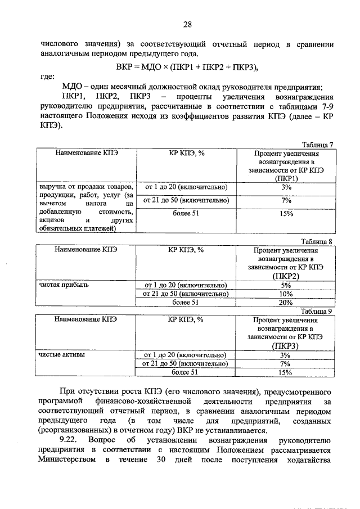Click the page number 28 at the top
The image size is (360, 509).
pos(187,24)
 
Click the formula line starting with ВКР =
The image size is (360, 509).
pos(187,67)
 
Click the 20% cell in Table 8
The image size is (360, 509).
pos(286,302)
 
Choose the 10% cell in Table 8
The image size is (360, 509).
pos(286,294)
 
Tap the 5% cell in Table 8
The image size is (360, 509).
pos(286,285)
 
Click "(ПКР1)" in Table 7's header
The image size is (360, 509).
pos(286,178)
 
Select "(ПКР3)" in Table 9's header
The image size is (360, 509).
pos(286,346)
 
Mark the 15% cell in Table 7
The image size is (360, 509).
pos(286,213)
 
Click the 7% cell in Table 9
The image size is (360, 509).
pos(286,363)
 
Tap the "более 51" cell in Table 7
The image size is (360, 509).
pos(186,213)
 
